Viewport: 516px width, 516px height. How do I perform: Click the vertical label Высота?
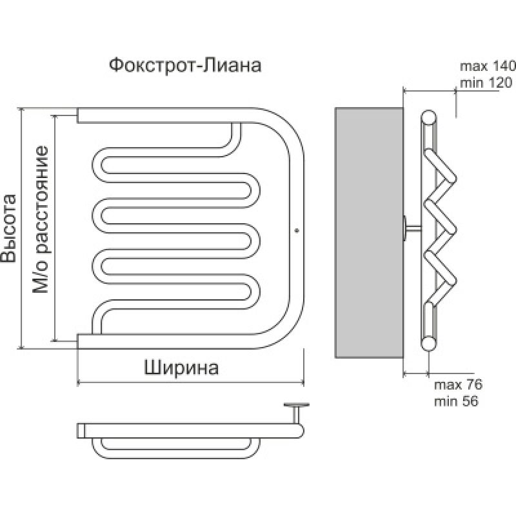pos(9,228)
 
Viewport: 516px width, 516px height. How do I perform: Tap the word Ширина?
pos(181,367)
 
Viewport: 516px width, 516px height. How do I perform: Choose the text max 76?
pos(457,385)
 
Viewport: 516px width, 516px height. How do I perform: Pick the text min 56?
pos(456,401)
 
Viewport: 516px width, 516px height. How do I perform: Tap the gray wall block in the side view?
pos(368,232)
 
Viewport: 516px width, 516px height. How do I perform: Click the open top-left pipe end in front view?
pos(79,115)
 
